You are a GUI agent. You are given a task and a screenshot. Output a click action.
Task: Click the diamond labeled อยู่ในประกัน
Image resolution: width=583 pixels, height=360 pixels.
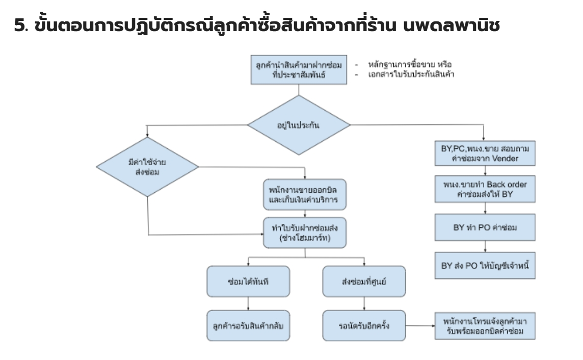click(299, 125)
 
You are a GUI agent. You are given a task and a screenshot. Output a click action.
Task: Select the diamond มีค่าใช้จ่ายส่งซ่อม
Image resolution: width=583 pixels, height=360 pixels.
click(147, 167)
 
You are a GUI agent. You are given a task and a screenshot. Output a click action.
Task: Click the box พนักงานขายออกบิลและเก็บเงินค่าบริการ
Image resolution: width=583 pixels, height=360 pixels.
click(305, 194)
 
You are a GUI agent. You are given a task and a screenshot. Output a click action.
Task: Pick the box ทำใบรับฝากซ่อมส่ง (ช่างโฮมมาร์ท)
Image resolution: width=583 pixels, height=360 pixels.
click(305, 233)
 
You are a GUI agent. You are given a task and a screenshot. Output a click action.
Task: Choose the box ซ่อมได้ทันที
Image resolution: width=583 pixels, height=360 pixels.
click(248, 282)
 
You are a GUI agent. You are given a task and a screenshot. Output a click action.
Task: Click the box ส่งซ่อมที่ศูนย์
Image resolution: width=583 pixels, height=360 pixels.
click(364, 282)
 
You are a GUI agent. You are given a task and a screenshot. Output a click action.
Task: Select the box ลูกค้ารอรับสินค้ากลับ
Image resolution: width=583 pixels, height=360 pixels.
click(248, 324)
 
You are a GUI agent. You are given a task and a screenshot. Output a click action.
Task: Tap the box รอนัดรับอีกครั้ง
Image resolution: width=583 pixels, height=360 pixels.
click(364, 324)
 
